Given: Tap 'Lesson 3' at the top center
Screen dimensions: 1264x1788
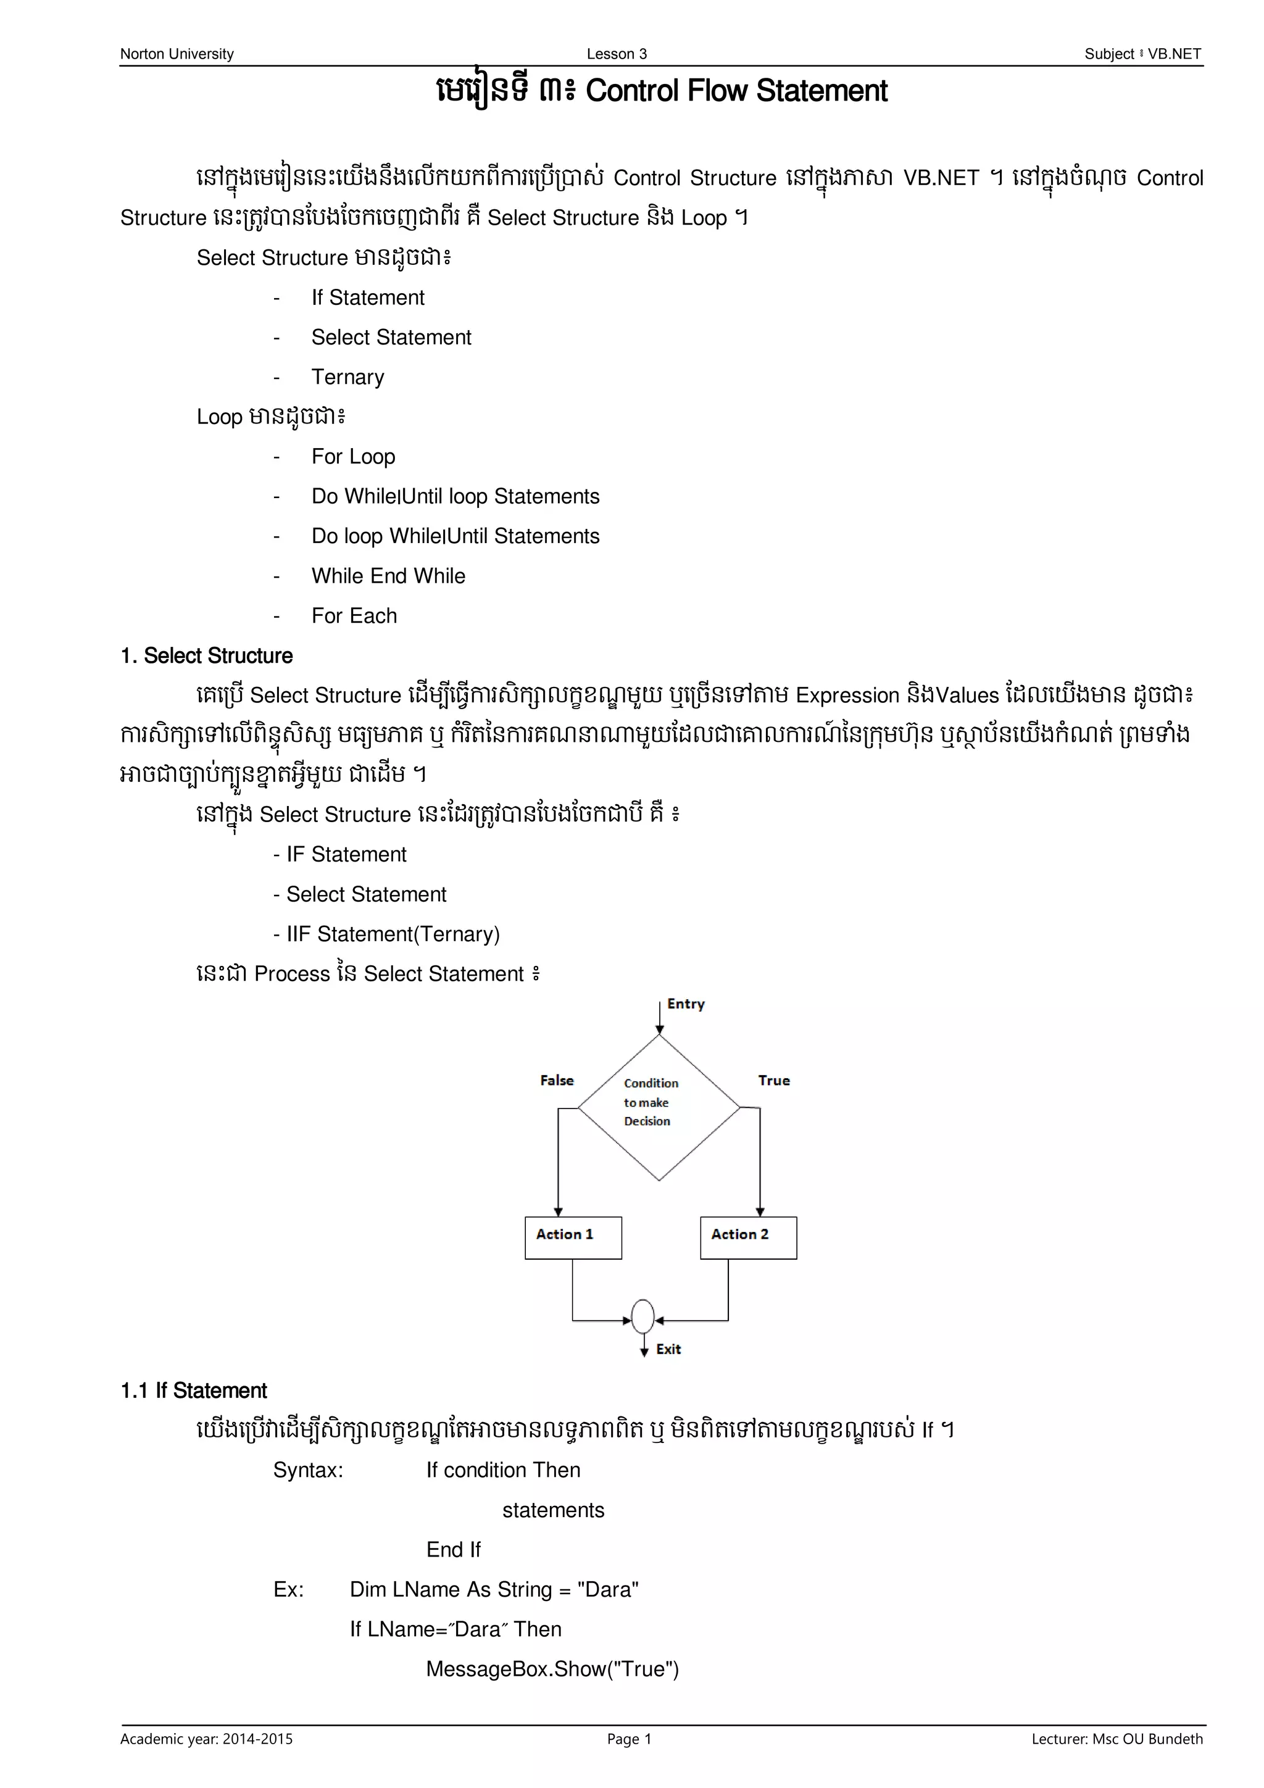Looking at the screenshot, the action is coord(617,54).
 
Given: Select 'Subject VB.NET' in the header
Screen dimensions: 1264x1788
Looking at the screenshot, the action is coord(1142,54).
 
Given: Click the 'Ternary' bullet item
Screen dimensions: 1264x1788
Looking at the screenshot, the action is coord(347,377).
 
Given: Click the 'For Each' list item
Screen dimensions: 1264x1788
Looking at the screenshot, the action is coord(354,615).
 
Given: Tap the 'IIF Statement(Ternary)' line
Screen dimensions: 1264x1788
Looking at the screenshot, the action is coord(386,934).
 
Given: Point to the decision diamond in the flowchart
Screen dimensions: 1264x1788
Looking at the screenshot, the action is coord(659,1107).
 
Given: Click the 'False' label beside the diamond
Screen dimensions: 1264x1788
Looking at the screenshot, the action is coord(557,1080).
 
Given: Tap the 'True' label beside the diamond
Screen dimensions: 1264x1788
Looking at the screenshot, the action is coord(774,1080).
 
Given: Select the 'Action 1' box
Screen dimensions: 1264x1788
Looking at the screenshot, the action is coord(573,1237).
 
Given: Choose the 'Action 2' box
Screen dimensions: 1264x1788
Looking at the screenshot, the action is coord(749,1237).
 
